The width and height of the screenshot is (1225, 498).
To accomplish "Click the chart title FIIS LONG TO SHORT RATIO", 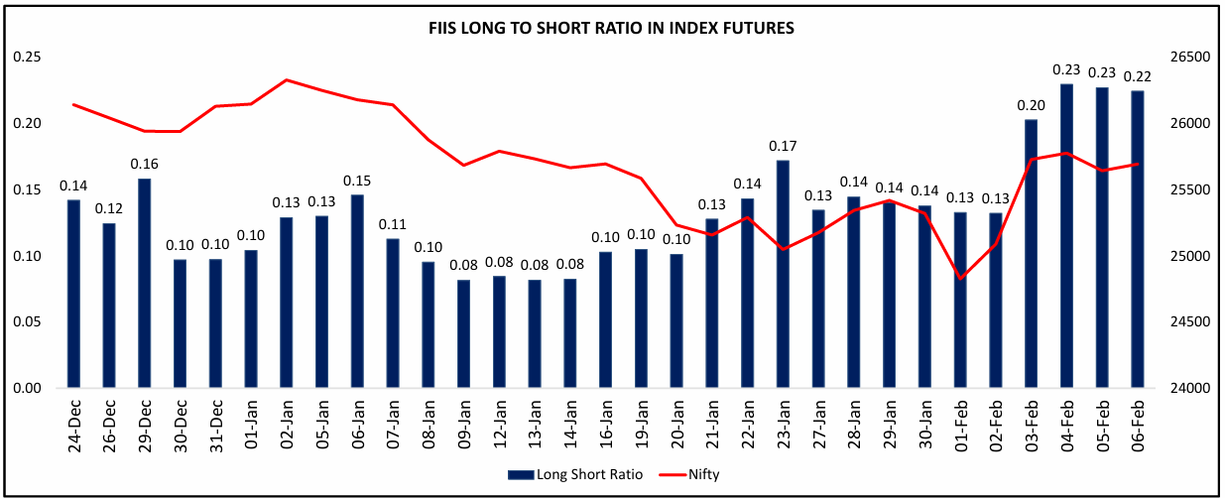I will (611, 29).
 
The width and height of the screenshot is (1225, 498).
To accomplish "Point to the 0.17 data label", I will (783, 146).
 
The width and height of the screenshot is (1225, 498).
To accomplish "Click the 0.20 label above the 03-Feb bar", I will (1031, 105).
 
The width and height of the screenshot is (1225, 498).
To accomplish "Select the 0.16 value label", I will (145, 164).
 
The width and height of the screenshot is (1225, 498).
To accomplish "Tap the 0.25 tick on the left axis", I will (27, 57).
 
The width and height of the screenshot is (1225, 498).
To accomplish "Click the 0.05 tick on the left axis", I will (27, 322).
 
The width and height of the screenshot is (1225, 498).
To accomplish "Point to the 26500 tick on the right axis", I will (1194, 57).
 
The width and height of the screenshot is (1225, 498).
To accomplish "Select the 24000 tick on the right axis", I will (1194, 389).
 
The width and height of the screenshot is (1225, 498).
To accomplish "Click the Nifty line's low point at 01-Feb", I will (960, 278).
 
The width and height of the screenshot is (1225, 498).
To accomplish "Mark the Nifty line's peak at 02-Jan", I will (287, 79).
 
